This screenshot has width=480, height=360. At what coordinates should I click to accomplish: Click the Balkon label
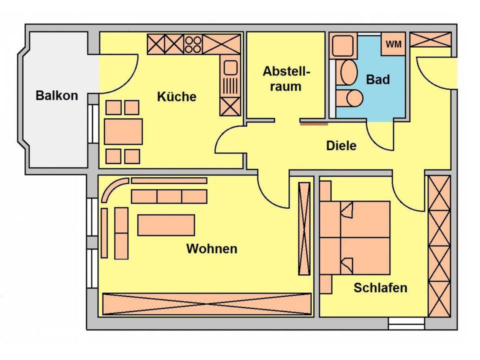[x=57, y=95]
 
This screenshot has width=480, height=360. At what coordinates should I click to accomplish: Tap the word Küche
[x=176, y=96]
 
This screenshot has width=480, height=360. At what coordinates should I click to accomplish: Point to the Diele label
[x=341, y=145]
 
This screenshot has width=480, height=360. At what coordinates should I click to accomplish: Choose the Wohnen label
[x=211, y=248]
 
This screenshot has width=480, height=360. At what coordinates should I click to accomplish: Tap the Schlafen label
[x=380, y=287]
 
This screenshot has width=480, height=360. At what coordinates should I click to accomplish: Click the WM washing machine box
[x=393, y=44]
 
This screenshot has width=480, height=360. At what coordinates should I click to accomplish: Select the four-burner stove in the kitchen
[x=193, y=44]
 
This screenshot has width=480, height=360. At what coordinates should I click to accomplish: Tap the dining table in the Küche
[x=123, y=131]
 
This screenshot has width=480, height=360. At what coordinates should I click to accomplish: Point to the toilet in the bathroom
[x=350, y=98]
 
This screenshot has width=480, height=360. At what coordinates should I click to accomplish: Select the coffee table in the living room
[x=166, y=224]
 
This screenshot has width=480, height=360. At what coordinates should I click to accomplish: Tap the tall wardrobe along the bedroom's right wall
[x=439, y=246]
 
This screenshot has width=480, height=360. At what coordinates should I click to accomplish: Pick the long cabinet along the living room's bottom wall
[x=206, y=303]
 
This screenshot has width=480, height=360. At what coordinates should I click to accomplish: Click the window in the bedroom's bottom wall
[x=406, y=323]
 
